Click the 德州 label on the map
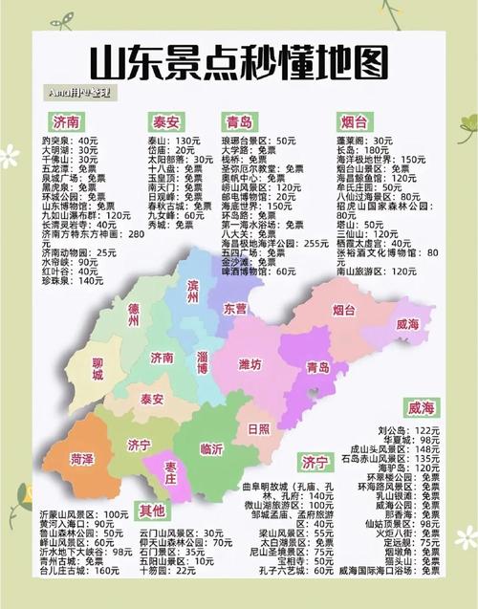pyautogui.click(x=134, y=315)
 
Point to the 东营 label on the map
pyautogui.click(x=235, y=309)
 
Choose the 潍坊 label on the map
pyautogui.click(x=250, y=364)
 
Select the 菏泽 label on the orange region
pyautogui.click(x=83, y=459)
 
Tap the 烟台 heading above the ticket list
pyautogui.click(x=353, y=122)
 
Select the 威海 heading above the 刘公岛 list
pyautogui.click(x=421, y=408)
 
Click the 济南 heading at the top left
pyautogui.click(x=68, y=122)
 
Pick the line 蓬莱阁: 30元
pyautogui.click(x=358, y=140)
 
